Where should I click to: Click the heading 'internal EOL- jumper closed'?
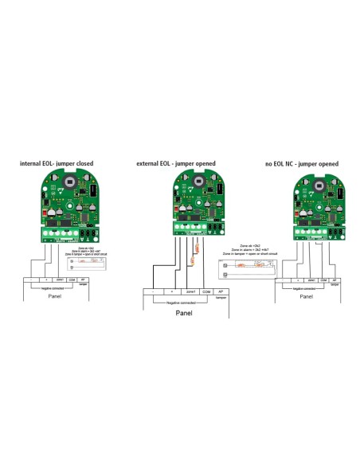pyautogui.click(x=57, y=163)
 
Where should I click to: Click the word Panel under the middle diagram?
pyautogui.click(x=184, y=313)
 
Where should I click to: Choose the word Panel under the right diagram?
pyautogui.click(x=306, y=295)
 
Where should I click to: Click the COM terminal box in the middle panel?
pyautogui.click(x=206, y=292)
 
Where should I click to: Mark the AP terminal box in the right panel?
pyautogui.click(x=335, y=280)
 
